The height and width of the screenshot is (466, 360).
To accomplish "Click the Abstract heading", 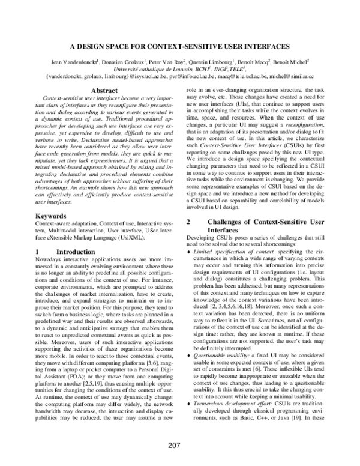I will (x=103, y=91).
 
